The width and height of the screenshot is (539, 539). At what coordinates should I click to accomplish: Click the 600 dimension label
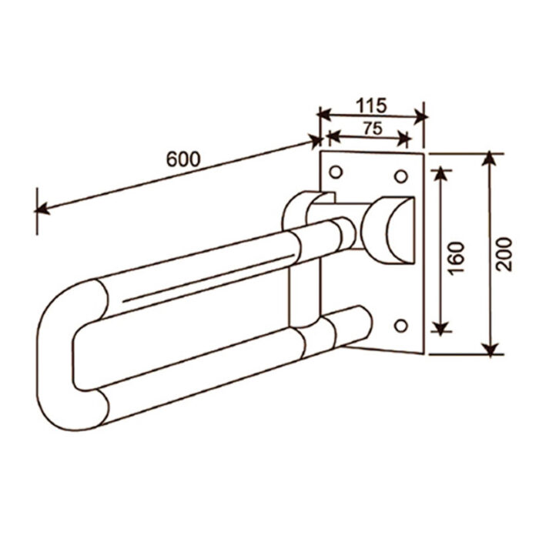[x=183, y=159]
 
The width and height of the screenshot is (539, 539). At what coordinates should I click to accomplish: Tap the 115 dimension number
[x=371, y=105]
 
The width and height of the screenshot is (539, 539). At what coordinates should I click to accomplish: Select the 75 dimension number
[x=373, y=129]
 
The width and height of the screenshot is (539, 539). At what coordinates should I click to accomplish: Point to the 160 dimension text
[x=457, y=258]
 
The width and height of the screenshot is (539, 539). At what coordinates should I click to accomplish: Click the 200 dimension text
[x=504, y=254]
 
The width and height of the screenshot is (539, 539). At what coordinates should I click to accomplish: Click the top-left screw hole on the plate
[x=336, y=172]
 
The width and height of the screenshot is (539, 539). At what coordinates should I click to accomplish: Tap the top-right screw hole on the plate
[x=400, y=176]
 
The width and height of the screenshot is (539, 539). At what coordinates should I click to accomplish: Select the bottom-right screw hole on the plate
[x=401, y=326]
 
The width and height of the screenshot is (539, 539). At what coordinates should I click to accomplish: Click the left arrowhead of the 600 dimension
[x=42, y=209]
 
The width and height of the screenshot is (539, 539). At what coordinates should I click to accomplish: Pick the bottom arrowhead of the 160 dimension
[x=440, y=326]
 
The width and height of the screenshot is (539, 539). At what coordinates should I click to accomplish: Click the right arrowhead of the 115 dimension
[x=420, y=117]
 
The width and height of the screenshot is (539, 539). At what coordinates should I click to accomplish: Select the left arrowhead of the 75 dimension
[x=334, y=136]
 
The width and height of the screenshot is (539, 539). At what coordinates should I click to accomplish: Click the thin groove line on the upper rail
[x=209, y=278]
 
